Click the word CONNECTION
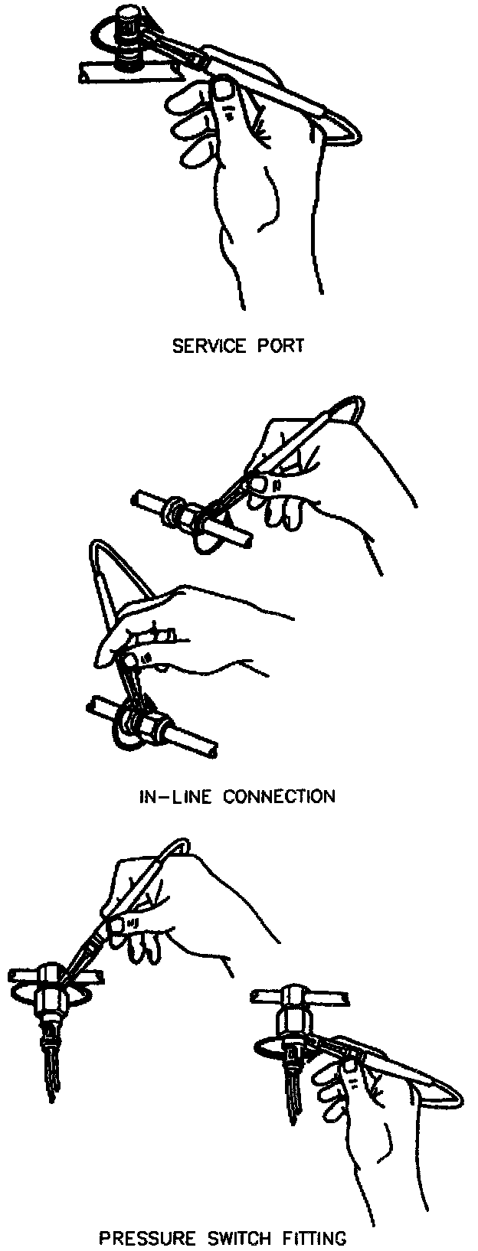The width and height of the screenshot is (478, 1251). (280, 796)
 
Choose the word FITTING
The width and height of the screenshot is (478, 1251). (316, 1237)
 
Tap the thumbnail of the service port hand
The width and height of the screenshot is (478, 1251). (224, 92)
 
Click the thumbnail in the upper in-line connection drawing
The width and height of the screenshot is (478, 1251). (262, 483)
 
